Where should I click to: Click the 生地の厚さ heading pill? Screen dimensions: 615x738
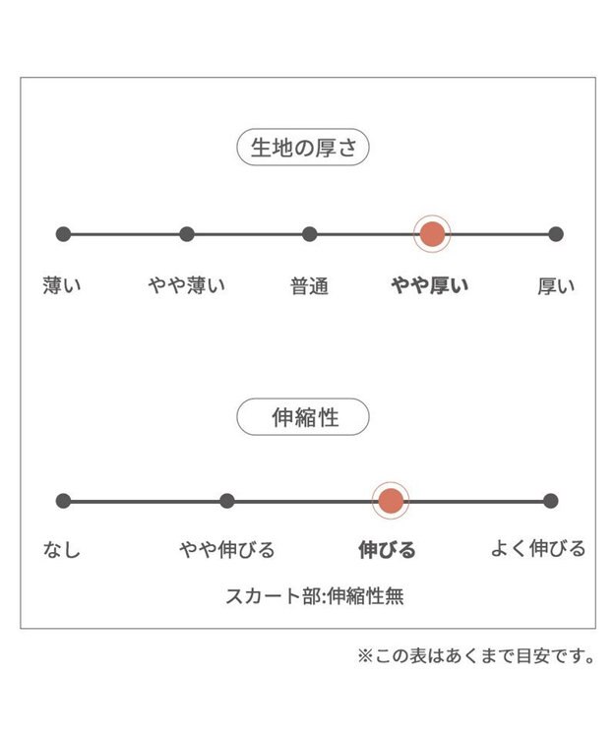click(302, 148)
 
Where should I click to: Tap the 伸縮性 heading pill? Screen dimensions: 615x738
click(302, 417)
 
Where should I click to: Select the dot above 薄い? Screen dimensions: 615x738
click(64, 234)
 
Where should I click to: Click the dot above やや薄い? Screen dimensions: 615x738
click(187, 234)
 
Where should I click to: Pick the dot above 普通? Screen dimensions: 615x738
click(310, 234)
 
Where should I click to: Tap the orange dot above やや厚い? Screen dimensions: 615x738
click(432, 234)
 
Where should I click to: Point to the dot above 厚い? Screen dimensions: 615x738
click(556, 234)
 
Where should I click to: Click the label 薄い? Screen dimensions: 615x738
click(62, 285)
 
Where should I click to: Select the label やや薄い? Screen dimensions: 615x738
click(187, 285)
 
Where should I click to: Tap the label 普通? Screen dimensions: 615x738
click(310, 286)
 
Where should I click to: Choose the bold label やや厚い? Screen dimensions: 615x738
click(430, 285)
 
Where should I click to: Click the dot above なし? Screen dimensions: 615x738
click(64, 501)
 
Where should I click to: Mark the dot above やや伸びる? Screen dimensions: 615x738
click(226, 501)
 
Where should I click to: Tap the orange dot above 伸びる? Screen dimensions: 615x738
click(391, 501)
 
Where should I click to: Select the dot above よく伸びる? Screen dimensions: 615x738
click(550, 501)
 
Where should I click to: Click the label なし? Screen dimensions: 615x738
click(62, 550)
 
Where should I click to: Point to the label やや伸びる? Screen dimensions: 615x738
click(226, 550)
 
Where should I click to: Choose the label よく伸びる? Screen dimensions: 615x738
click(538, 549)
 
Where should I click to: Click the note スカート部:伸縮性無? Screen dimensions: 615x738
click(315, 596)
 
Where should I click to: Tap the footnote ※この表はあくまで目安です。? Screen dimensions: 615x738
click(476, 656)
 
